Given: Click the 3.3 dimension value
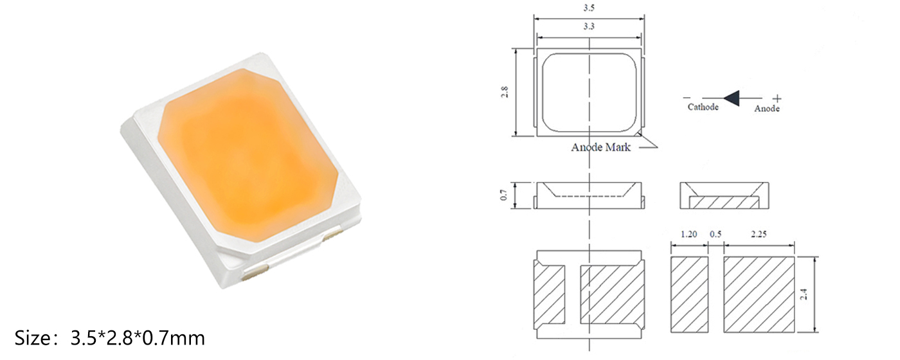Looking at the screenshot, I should click(589, 28).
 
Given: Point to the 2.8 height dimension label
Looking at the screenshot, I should click(505, 92).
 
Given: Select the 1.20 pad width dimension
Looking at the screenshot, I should click(688, 235).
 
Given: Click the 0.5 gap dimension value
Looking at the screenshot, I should click(715, 235).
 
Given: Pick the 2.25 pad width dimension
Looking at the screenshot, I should click(759, 235).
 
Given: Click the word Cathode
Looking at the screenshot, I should click(703, 107).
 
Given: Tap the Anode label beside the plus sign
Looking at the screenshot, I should click(766, 109).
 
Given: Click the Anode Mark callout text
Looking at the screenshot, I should click(601, 147).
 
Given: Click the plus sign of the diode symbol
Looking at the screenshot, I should click(777, 98).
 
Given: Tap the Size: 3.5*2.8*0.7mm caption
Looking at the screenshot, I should click(110, 337).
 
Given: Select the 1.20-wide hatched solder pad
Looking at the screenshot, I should click(689, 294).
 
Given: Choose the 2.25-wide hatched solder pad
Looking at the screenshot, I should click(759, 294).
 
